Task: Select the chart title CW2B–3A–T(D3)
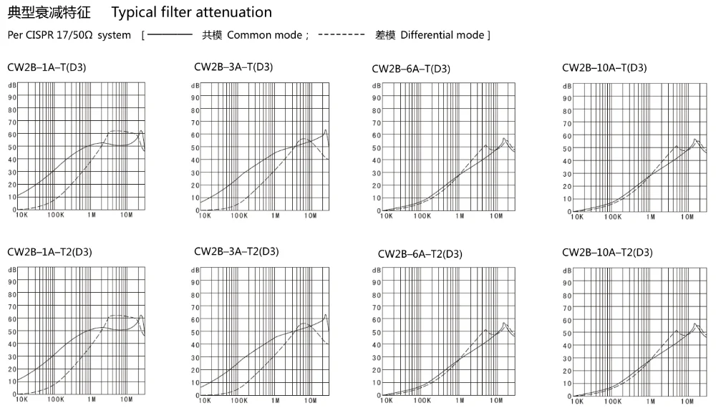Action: click(x=233, y=67)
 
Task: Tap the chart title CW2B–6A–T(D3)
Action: click(x=411, y=69)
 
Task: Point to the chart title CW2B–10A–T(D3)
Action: click(x=604, y=67)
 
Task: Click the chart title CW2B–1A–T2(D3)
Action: click(x=49, y=252)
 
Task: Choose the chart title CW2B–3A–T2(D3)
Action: click(x=236, y=251)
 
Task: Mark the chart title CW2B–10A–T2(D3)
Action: click(x=607, y=252)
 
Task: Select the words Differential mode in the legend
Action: click(x=442, y=35)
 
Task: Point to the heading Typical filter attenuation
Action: click(x=193, y=12)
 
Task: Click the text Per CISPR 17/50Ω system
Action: click(x=69, y=35)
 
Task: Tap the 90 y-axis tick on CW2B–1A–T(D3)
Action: click(x=11, y=97)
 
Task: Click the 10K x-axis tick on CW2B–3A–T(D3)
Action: click(x=205, y=215)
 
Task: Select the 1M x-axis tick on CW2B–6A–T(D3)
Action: click(x=458, y=215)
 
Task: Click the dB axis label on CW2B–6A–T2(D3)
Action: click(x=377, y=271)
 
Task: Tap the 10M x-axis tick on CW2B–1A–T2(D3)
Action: click(x=126, y=399)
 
